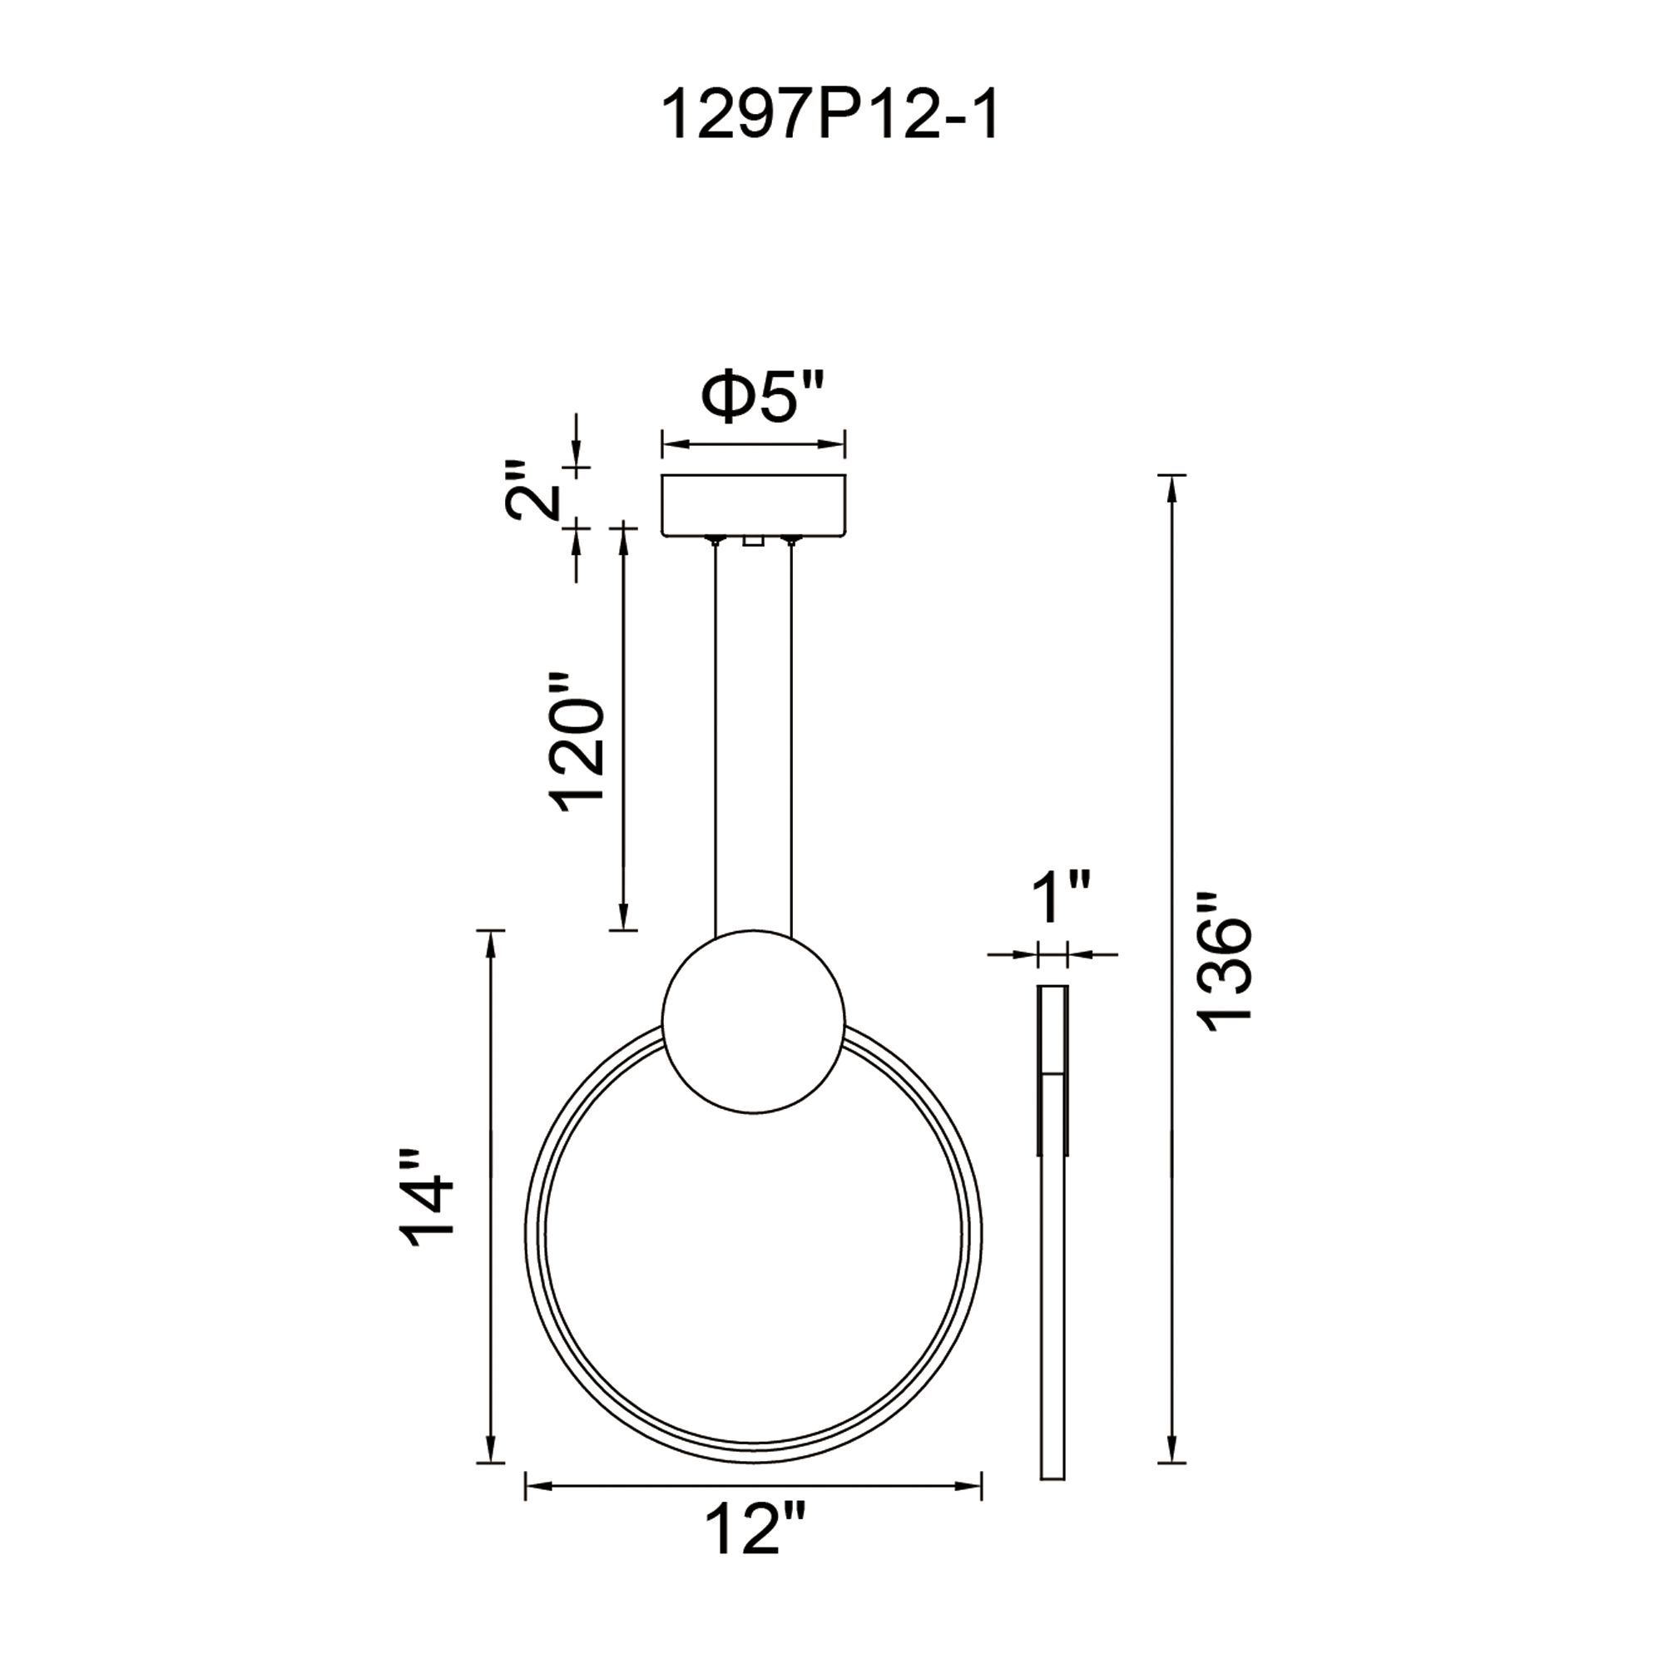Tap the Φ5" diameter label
point(763,397)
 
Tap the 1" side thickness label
point(1061,897)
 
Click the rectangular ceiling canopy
point(753,505)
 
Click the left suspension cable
point(715,740)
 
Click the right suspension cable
point(790,740)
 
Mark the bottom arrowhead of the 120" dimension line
point(623,919)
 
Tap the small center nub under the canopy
point(753,541)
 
